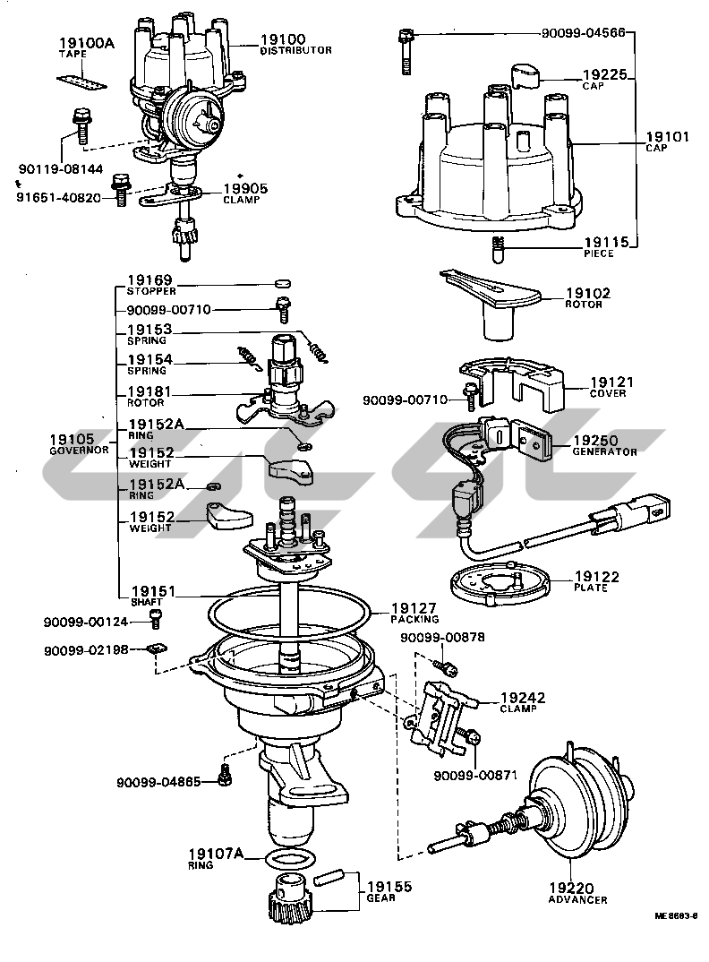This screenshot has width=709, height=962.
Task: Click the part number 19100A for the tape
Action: pos(84,42)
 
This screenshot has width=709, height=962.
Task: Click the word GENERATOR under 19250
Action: pos(604,452)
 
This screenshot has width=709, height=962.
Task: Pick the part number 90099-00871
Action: pos(475,776)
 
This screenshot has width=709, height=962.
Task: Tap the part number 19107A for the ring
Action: pos(216,854)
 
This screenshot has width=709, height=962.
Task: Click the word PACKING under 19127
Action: pos(414,619)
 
